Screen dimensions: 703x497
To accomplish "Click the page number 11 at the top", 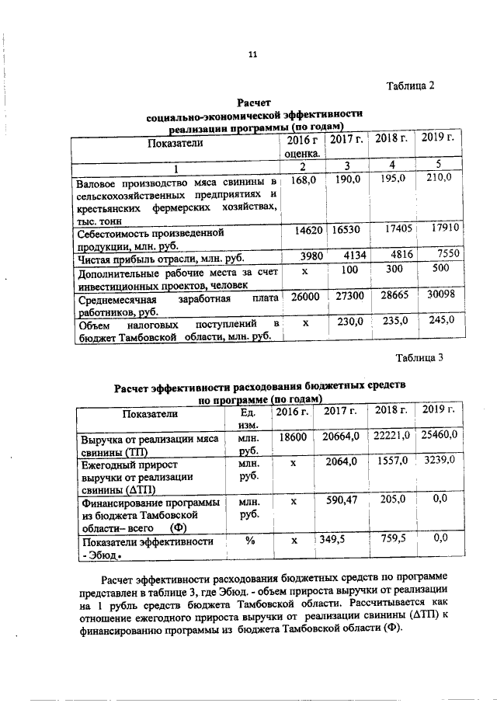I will coord(252,54).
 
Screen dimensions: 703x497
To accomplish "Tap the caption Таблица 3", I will coord(419,358).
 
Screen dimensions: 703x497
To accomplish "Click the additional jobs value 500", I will coord(441,268).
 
